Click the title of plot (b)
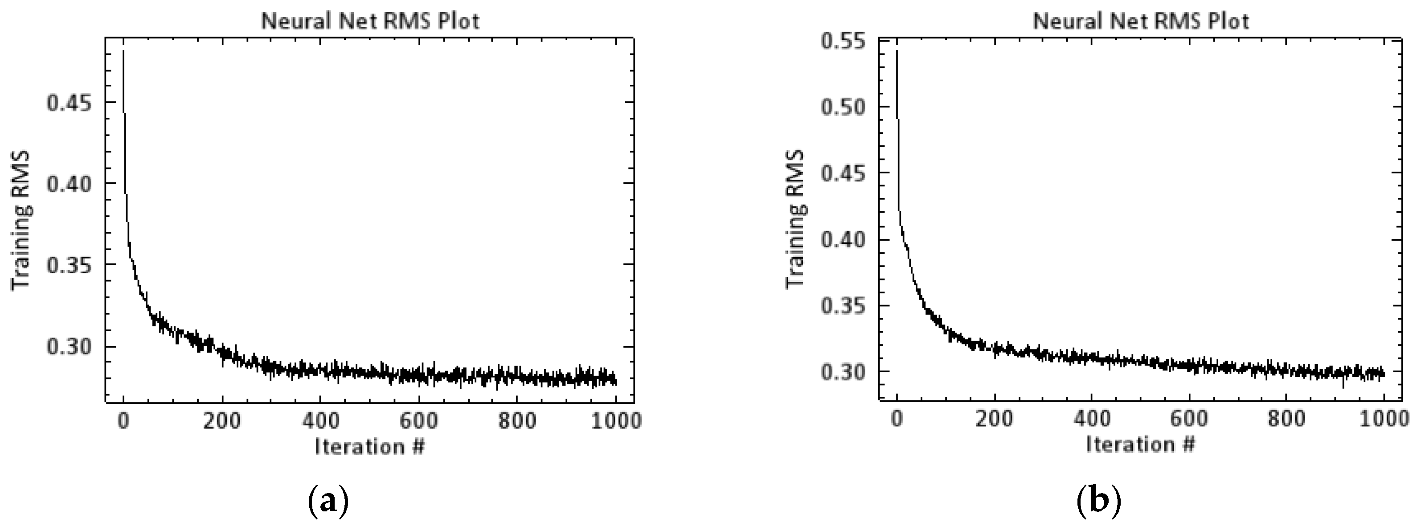coord(1141,21)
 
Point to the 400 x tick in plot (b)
coord(1092,418)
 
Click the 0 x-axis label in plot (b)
coord(897,418)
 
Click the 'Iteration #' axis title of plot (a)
coord(369,446)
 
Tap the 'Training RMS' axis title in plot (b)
coord(795,219)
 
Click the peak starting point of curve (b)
coord(897,51)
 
